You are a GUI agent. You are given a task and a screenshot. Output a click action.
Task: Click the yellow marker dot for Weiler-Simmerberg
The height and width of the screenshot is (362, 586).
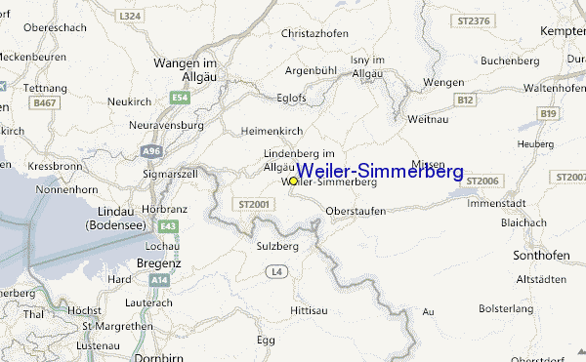(293, 181)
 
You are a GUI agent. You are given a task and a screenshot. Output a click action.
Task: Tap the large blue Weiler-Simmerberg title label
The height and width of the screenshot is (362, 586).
(380, 172)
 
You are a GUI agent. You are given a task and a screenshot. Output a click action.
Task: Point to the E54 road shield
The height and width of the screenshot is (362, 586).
(180, 98)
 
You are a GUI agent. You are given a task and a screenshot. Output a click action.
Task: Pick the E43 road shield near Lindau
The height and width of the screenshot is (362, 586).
(169, 226)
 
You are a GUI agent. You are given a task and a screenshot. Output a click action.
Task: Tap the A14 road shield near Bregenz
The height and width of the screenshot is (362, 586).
(160, 279)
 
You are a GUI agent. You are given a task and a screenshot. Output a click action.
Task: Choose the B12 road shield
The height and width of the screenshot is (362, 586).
(466, 100)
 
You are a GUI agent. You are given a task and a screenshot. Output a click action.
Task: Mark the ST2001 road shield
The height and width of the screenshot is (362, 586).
(251, 204)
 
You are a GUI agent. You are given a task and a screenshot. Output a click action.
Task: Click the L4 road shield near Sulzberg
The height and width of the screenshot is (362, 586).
(277, 269)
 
